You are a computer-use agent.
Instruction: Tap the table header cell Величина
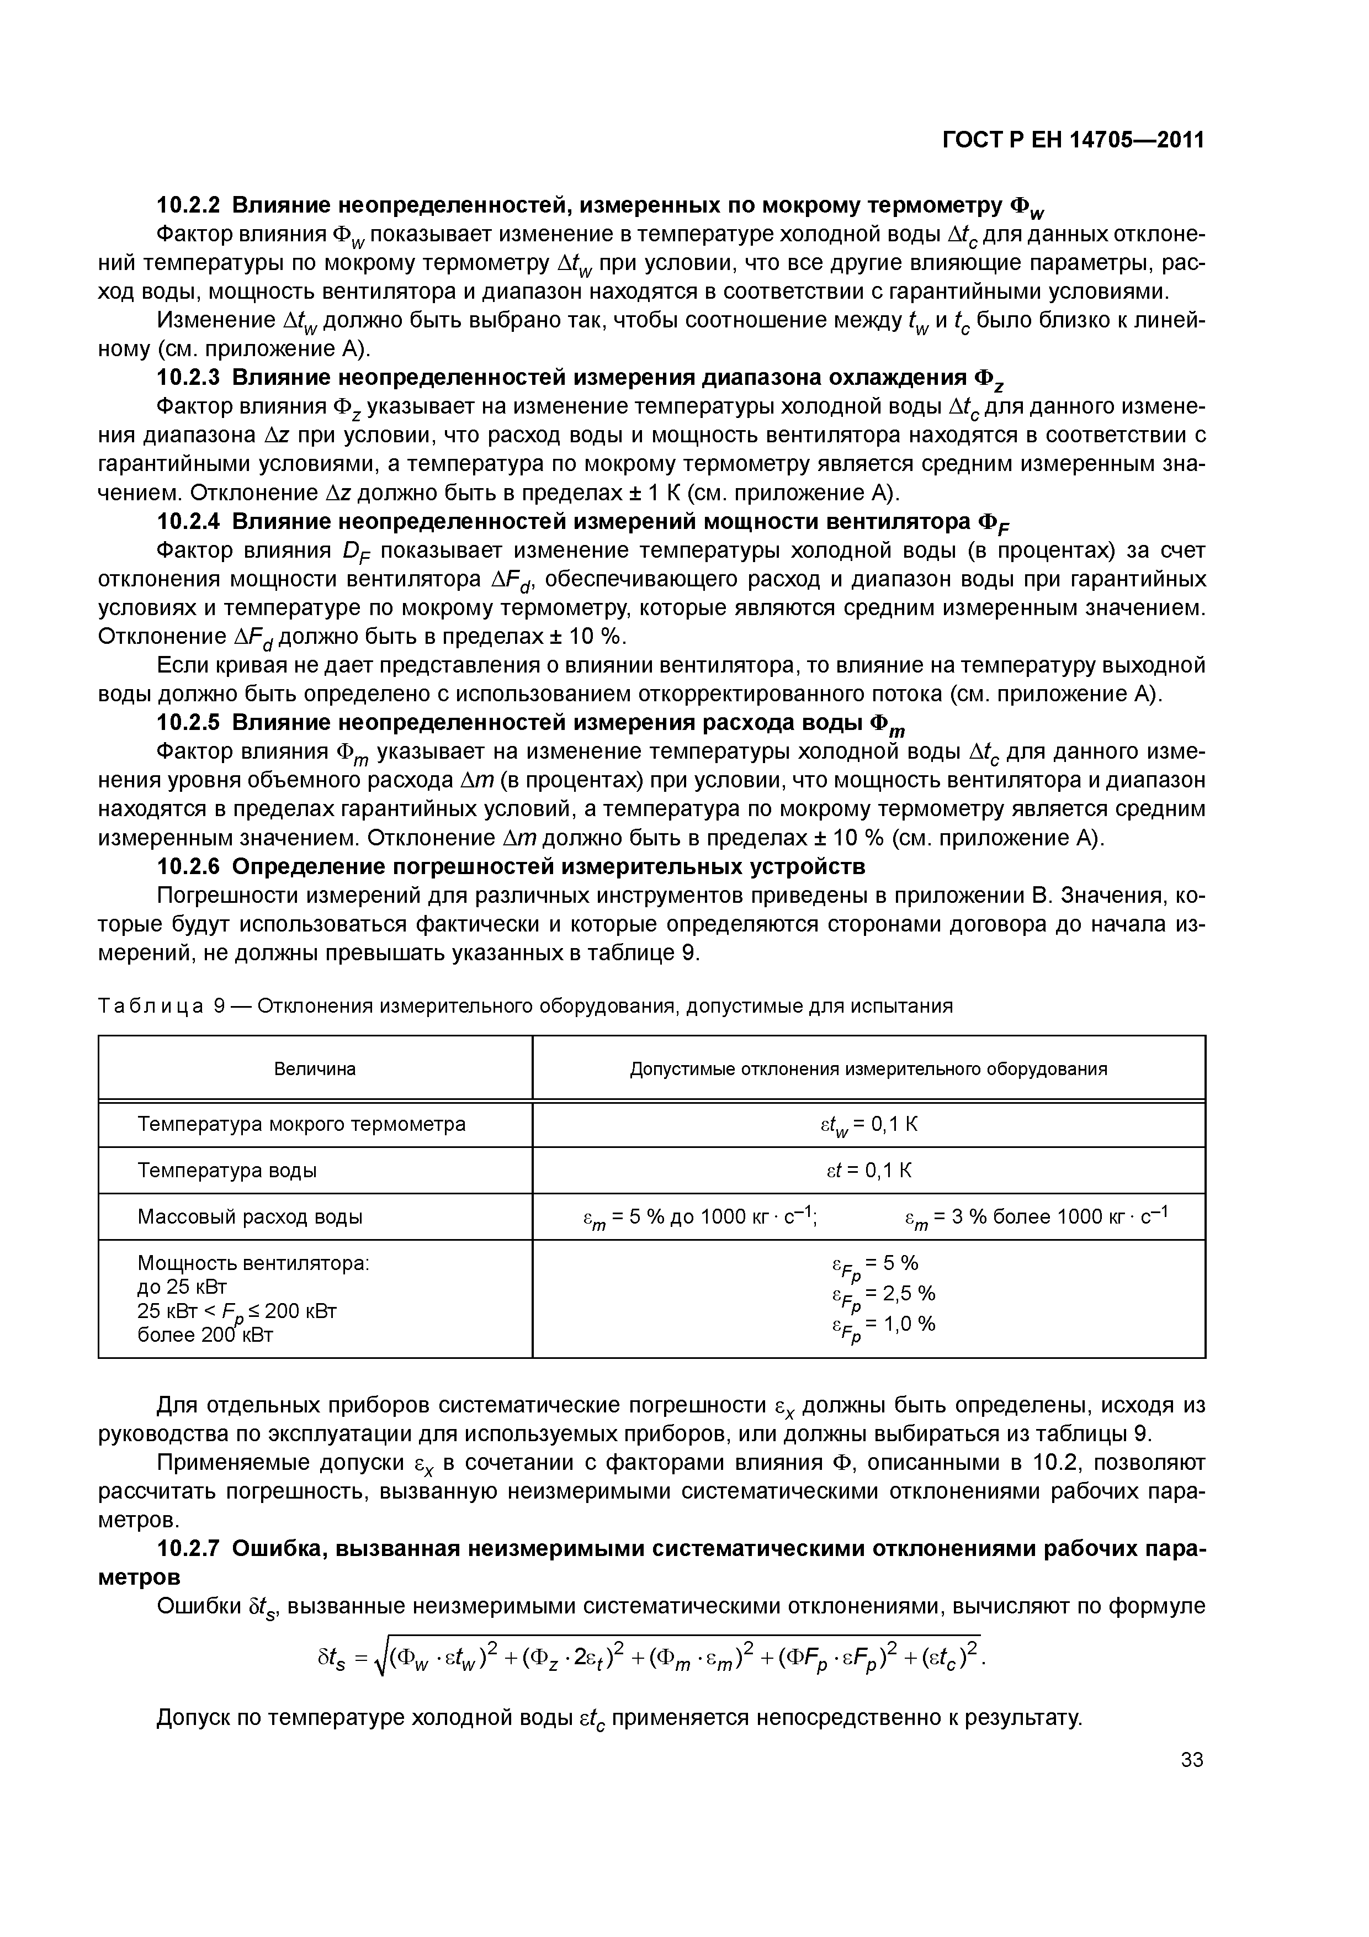(315, 1070)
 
